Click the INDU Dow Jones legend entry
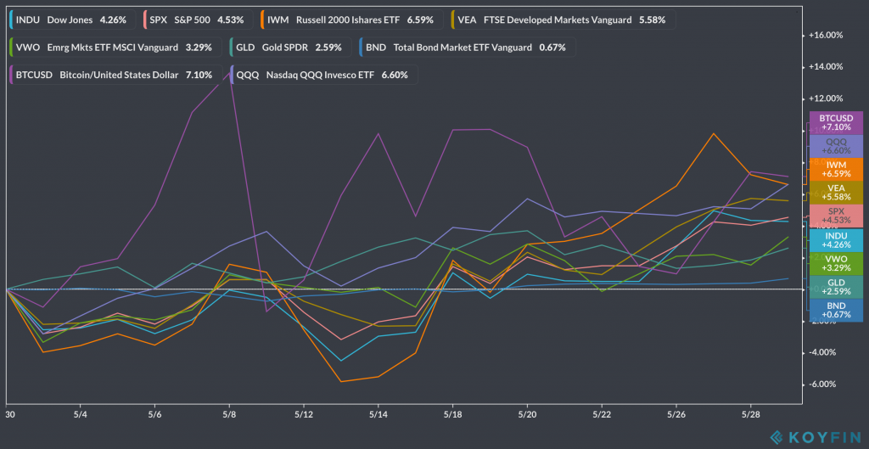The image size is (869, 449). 71,18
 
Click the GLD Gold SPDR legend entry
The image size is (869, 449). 289,47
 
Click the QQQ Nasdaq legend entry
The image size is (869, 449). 323,75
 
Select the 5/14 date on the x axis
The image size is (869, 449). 378,415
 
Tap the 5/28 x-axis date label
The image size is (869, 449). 749,415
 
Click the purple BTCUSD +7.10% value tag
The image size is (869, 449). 836,122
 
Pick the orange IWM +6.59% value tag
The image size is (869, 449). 836,169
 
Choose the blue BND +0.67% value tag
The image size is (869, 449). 836,310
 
